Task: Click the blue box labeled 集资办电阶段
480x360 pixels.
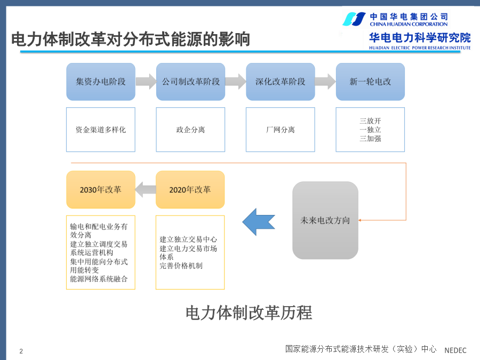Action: (101, 82)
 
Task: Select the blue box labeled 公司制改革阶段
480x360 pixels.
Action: (190, 82)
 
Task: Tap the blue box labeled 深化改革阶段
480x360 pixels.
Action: (281, 82)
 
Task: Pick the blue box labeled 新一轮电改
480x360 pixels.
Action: (370, 82)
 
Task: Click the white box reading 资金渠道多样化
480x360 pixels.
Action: (101, 130)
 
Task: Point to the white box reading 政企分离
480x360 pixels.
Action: (190, 130)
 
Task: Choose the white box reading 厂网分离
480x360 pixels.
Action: (281, 130)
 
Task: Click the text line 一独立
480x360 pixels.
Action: (370, 130)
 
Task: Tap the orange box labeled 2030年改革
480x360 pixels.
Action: (101, 189)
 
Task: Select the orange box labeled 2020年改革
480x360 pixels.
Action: (190, 189)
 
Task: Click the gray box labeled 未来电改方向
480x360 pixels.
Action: (325, 220)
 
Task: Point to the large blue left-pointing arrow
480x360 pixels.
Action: (259, 222)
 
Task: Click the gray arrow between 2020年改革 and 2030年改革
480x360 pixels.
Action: (146, 189)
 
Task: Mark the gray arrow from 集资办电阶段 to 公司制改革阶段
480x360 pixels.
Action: (146, 82)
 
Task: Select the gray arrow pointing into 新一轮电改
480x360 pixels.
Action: (325, 82)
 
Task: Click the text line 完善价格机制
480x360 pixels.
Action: (181, 266)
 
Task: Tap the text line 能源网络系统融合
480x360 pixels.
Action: (99, 279)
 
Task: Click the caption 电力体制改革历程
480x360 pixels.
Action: (249, 313)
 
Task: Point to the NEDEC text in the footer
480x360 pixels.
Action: (455, 350)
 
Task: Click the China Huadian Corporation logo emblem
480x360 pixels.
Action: (354, 19)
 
